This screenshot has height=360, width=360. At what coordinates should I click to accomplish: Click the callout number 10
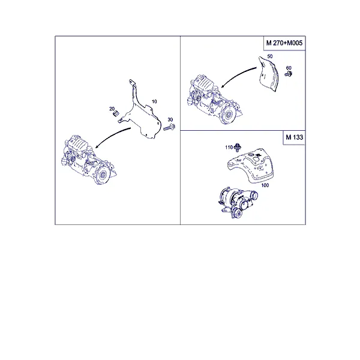(x=154, y=101)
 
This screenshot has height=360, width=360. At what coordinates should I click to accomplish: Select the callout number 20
(x=112, y=109)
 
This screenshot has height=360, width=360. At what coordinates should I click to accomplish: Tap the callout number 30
(x=170, y=119)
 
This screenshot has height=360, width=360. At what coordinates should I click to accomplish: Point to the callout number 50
(x=270, y=56)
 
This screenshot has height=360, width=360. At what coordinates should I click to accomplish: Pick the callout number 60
(x=289, y=68)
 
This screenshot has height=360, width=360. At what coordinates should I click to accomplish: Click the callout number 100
(x=265, y=185)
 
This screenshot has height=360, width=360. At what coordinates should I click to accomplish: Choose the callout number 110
(x=229, y=148)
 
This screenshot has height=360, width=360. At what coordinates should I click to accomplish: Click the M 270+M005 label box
(x=284, y=43)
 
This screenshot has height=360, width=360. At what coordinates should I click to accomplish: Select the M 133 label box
(x=294, y=137)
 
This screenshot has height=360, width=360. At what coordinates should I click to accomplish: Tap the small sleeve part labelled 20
(x=116, y=113)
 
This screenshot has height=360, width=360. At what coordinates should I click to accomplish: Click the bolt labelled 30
(x=169, y=127)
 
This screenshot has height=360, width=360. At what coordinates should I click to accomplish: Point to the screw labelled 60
(x=289, y=74)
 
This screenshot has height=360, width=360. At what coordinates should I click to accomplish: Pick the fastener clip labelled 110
(x=238, y=147)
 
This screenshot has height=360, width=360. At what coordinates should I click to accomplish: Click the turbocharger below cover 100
(x=238, y=202)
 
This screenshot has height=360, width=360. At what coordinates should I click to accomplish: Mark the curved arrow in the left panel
(x=112, y=136)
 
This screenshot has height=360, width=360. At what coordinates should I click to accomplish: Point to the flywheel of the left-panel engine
(x=103, y=175)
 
